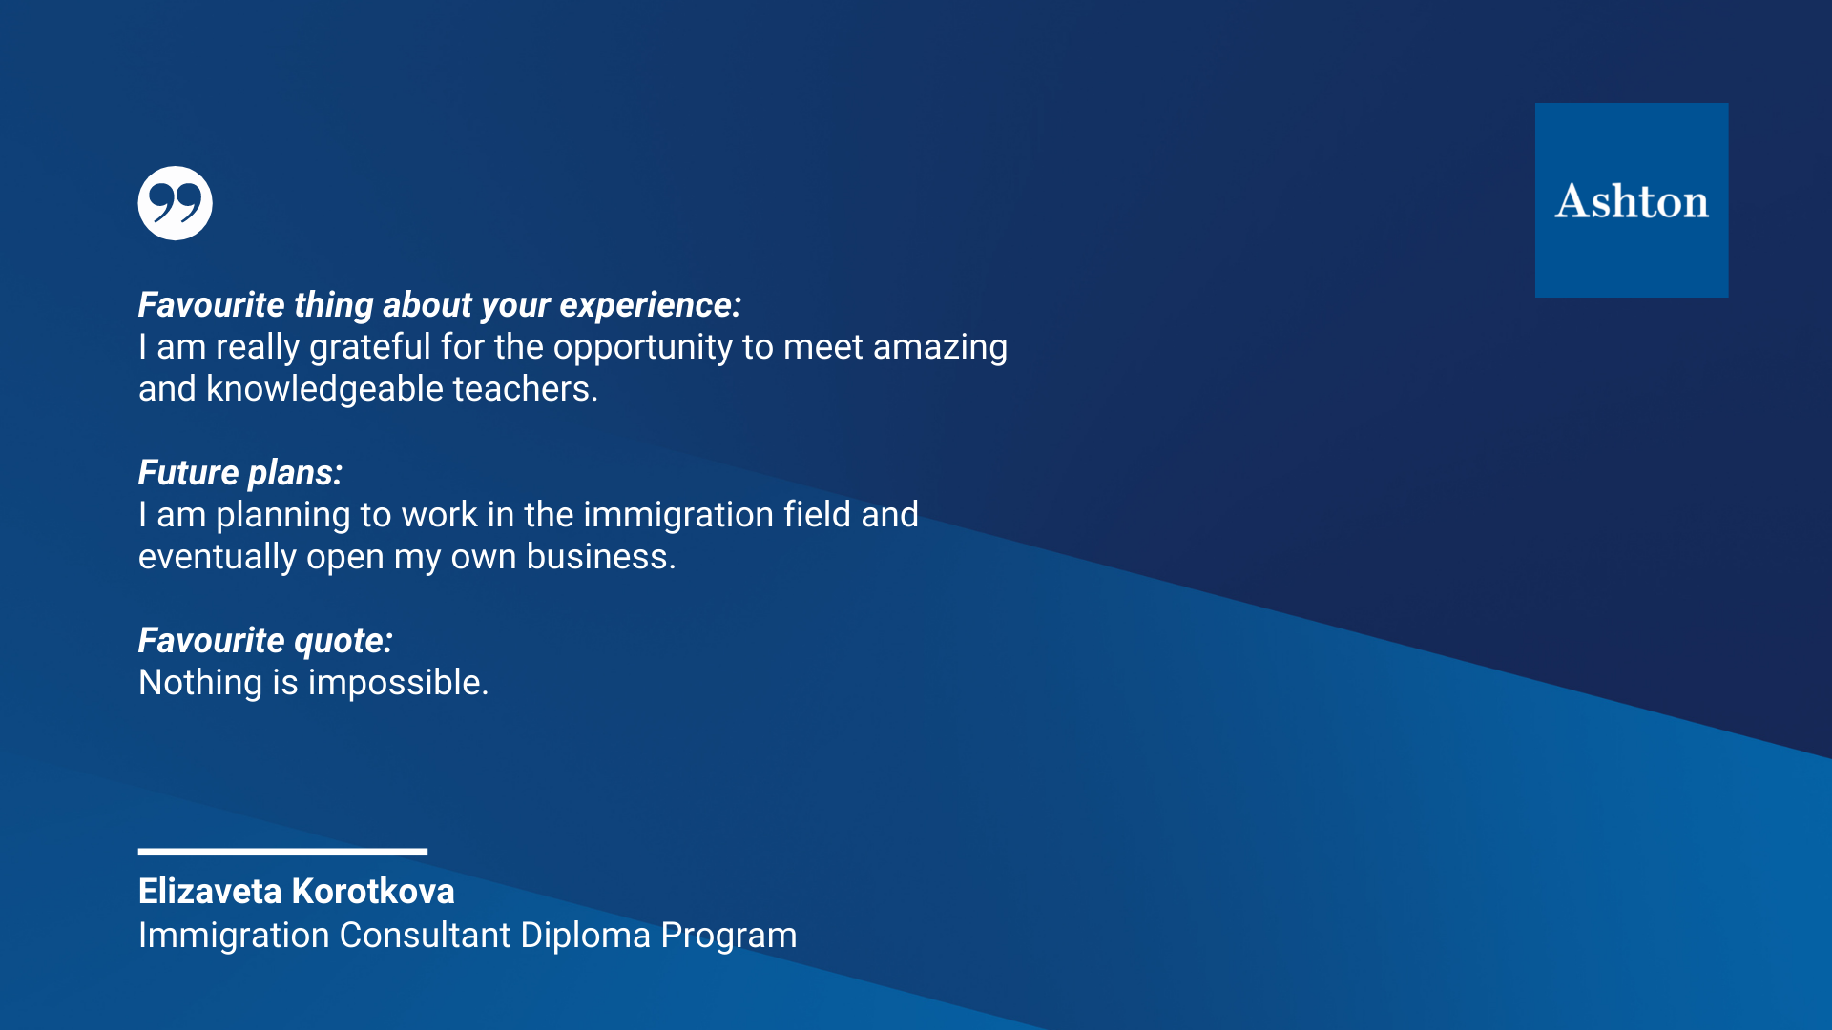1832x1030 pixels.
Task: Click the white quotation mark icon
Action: [x=175, y=203]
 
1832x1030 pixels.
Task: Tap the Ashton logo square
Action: [x=1632, y=200]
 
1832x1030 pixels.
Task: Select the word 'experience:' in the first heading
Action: [x=650, y=306]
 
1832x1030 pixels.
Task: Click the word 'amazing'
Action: [x=940, y=348]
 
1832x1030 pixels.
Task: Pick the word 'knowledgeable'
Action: [x=324, y=389]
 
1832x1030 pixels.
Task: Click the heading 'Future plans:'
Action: [x=240, y=473]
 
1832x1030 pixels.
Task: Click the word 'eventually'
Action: [x=218, y=557]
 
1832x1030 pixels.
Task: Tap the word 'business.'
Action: [x=601, y=557]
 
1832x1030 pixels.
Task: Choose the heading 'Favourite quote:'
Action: [x=265, y=641]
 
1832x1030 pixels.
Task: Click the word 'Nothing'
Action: [x=200, y=683]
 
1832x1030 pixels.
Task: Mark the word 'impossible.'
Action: [x=398, y=683]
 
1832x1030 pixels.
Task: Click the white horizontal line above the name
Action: [x=282, y=852]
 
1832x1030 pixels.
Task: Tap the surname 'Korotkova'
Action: [x=374, y=892]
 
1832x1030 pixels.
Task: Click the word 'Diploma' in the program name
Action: [x=586, y=936]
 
